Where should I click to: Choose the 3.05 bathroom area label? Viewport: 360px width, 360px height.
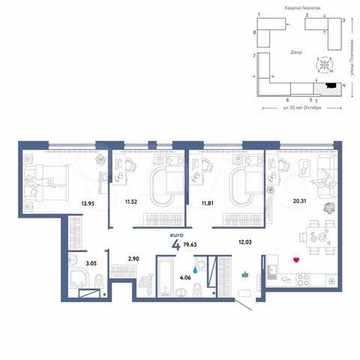70,262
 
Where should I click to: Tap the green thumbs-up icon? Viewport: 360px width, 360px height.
244,275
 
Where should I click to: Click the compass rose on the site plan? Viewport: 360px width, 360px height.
323,65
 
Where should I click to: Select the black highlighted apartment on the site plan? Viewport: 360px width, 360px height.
330,86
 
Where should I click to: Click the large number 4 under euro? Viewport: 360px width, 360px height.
176,244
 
